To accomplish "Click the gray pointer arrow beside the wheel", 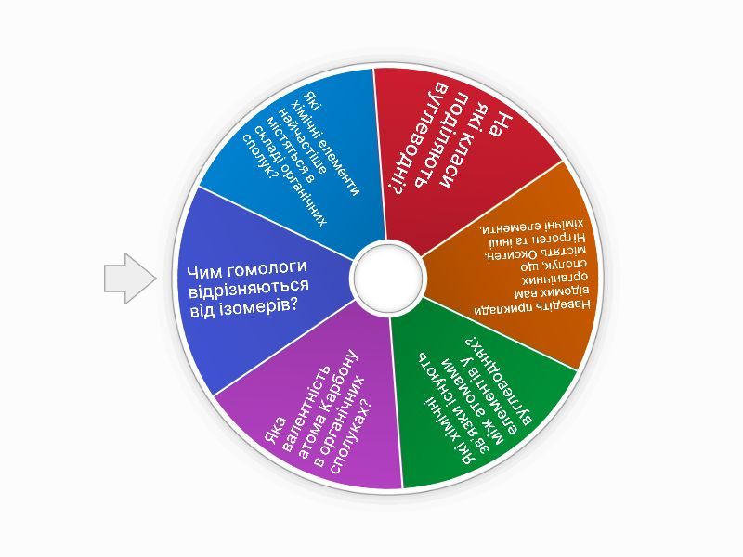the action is pos(130,278).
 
